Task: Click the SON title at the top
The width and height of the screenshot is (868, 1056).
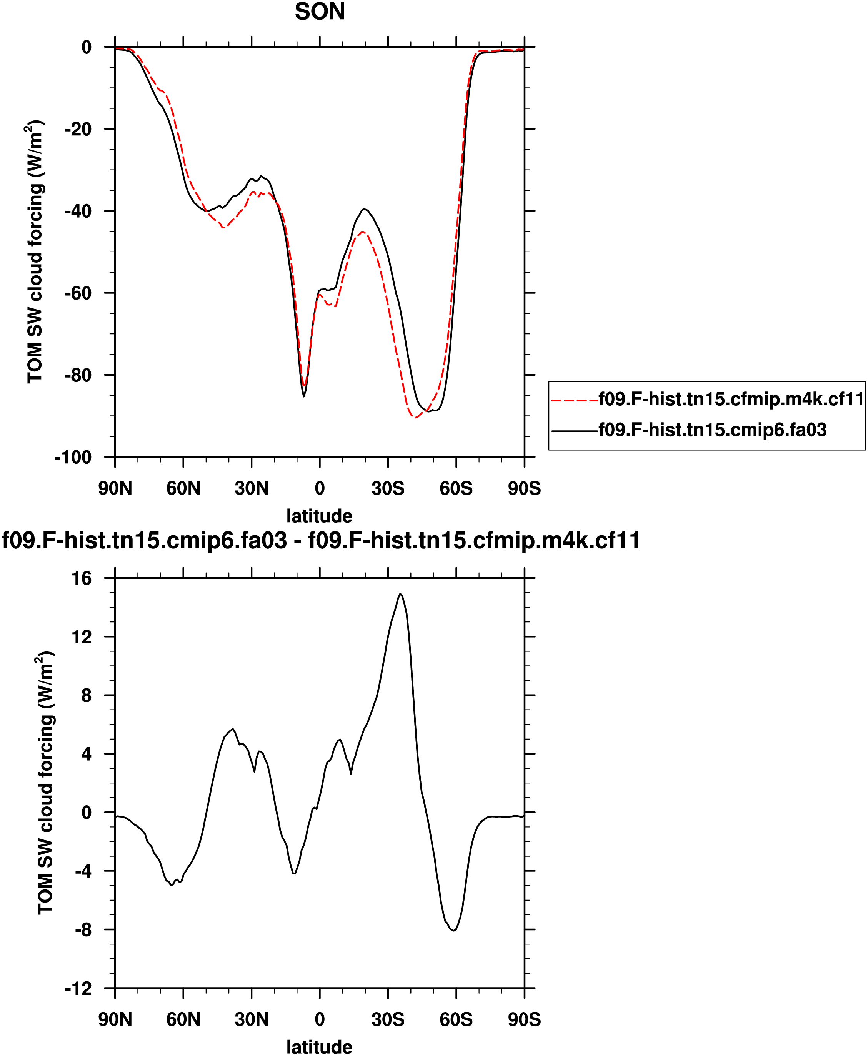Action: [x=320, y=12]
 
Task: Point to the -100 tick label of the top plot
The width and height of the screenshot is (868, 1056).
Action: [x=73, y=457]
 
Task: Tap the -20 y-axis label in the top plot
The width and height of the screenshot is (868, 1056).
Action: [x=78, y=129]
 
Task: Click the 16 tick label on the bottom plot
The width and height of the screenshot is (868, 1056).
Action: [x=82, y=578]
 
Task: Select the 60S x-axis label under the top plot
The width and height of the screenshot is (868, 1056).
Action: [x=456, y=488]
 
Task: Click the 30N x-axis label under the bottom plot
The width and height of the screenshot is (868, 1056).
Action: [x=252, y=1019]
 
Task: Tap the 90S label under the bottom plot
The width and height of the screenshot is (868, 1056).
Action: [x=524, y=1019]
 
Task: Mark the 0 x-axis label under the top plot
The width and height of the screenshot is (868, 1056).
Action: [x=320, y=488]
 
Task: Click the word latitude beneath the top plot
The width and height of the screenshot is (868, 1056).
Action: [x=320, y=516]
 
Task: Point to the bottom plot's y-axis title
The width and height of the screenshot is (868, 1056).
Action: [x=45, y=783]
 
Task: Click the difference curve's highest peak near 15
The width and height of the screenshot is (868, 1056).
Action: [x=400, y=594]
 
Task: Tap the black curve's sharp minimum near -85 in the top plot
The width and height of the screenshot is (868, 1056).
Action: [x=303, y=396]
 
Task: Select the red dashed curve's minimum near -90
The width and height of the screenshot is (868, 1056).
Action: [x=415, y=418]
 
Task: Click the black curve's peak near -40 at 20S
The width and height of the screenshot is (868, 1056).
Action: [x=365, y=209]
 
